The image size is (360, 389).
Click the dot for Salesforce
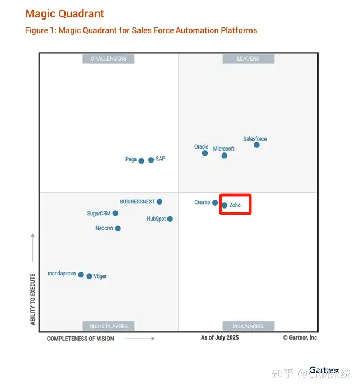tap(256, 145)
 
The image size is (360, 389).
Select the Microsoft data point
tap(225, 155)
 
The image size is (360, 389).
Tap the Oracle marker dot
tap(205, 153)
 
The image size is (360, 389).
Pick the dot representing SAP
tap(151, 160)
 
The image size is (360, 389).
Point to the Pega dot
tap(142, 160)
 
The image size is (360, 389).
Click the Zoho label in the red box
tap(235, 205)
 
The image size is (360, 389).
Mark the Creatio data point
tap(215, 202)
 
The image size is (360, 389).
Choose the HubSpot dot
tap(170, 219)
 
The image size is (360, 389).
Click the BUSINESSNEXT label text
tap(137, 201)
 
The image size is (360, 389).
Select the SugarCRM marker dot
tap(115, 214)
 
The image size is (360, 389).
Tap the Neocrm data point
tap(118, 229)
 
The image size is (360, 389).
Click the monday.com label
tap(62, 274)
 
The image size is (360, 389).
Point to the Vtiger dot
tap(89, 276)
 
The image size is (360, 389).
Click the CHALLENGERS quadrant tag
tap(109, 58)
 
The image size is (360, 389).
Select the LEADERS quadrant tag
tap(248, 58)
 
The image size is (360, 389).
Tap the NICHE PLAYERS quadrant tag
tap(109, 326)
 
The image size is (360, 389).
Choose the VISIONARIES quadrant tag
tap(248, 326)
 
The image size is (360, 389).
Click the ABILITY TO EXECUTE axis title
tap(33, 299)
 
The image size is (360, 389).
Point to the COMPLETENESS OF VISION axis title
tap(80, 339)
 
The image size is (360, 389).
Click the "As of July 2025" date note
tap(219, 337)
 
